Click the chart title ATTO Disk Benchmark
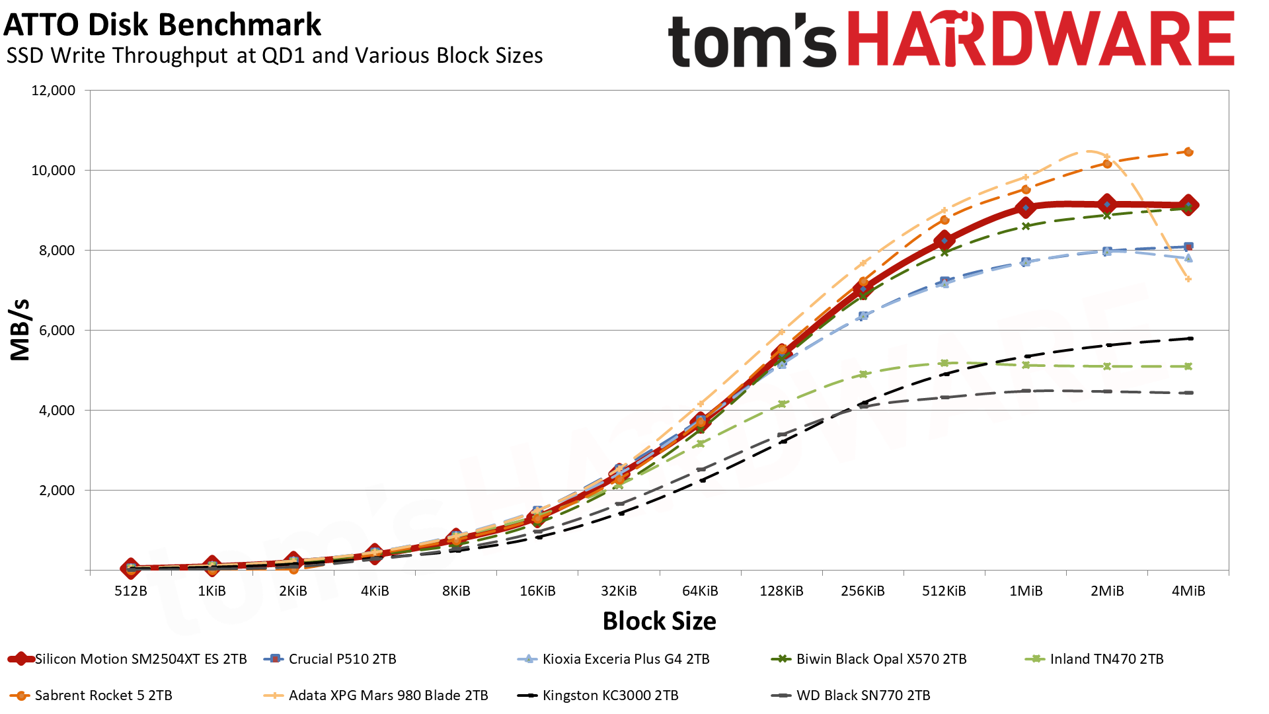tap(163, 25)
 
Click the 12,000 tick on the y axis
tap(54, 91)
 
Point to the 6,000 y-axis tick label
tap(54, 331)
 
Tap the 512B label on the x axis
tap(131, 591)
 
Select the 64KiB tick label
tap(700, 591)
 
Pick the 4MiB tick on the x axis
tap(1188, 591)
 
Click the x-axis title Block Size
tap(659, 621)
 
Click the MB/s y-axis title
tap(20, 330)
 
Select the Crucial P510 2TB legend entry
tap(330, 659)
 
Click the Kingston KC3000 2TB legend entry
tap(598, 695)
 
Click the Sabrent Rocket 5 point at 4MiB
tap(1188, 152)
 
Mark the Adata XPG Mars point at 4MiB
tap(1188, 280)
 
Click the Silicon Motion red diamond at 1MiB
tap(1026, 208)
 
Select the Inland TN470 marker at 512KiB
tap(944, 363)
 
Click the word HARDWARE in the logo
tap(1040, 40)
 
